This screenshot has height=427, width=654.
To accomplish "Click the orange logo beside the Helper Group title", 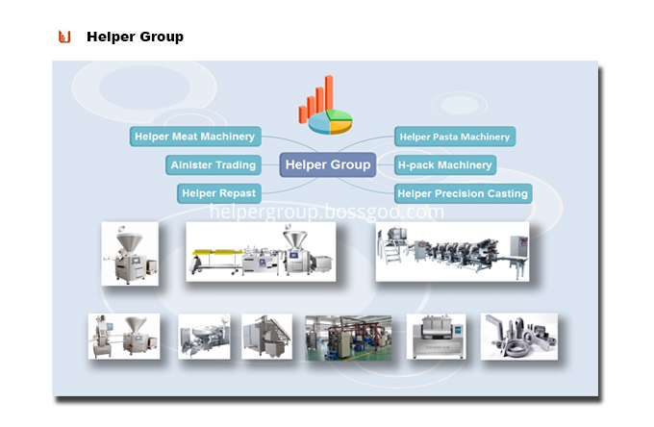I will point(64,37).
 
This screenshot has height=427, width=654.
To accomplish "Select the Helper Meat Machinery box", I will point(194,137).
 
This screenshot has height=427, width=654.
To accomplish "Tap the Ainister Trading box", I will point(213,165).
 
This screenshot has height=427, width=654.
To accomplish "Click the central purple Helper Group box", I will point(326,164).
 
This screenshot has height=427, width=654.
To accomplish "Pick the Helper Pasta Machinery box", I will point(455,137).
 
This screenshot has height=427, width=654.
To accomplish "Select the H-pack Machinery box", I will point(445,165).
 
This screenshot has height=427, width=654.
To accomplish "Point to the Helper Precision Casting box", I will point(463,193).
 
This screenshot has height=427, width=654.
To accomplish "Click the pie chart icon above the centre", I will point(331,119).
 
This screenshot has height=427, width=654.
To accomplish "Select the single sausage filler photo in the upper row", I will point(130,253).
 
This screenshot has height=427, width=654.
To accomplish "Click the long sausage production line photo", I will point(260,251).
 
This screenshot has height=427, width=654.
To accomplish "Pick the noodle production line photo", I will point(452,251).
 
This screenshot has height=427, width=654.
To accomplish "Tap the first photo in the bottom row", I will point(111,337).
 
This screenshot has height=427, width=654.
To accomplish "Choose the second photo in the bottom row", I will point(204,337).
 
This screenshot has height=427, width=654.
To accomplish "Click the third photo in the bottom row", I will point(266,337).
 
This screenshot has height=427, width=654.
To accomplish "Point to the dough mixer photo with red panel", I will point(436,337).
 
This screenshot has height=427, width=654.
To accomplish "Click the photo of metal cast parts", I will point(518,337).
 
